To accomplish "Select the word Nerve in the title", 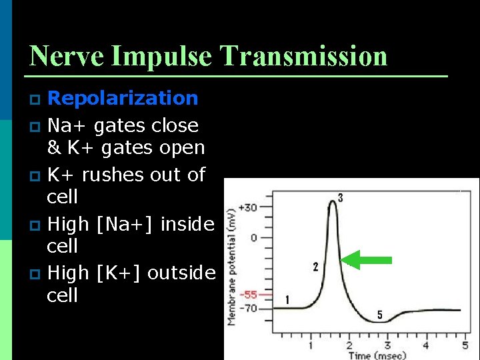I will point(65,56).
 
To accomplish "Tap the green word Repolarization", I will point(123,98).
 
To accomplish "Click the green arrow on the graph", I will point(369,261).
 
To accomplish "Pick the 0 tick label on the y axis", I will point(253,237).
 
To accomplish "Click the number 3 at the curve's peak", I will point(340,197).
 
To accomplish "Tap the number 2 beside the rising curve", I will point(315,267).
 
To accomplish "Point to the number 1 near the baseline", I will point(287,300).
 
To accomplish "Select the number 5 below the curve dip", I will point(380,315).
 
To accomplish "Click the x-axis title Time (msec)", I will point(376,355).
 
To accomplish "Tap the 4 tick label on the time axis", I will point(426,345).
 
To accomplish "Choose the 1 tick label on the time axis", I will point(311,345).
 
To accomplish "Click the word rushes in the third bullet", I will point(117,175).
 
